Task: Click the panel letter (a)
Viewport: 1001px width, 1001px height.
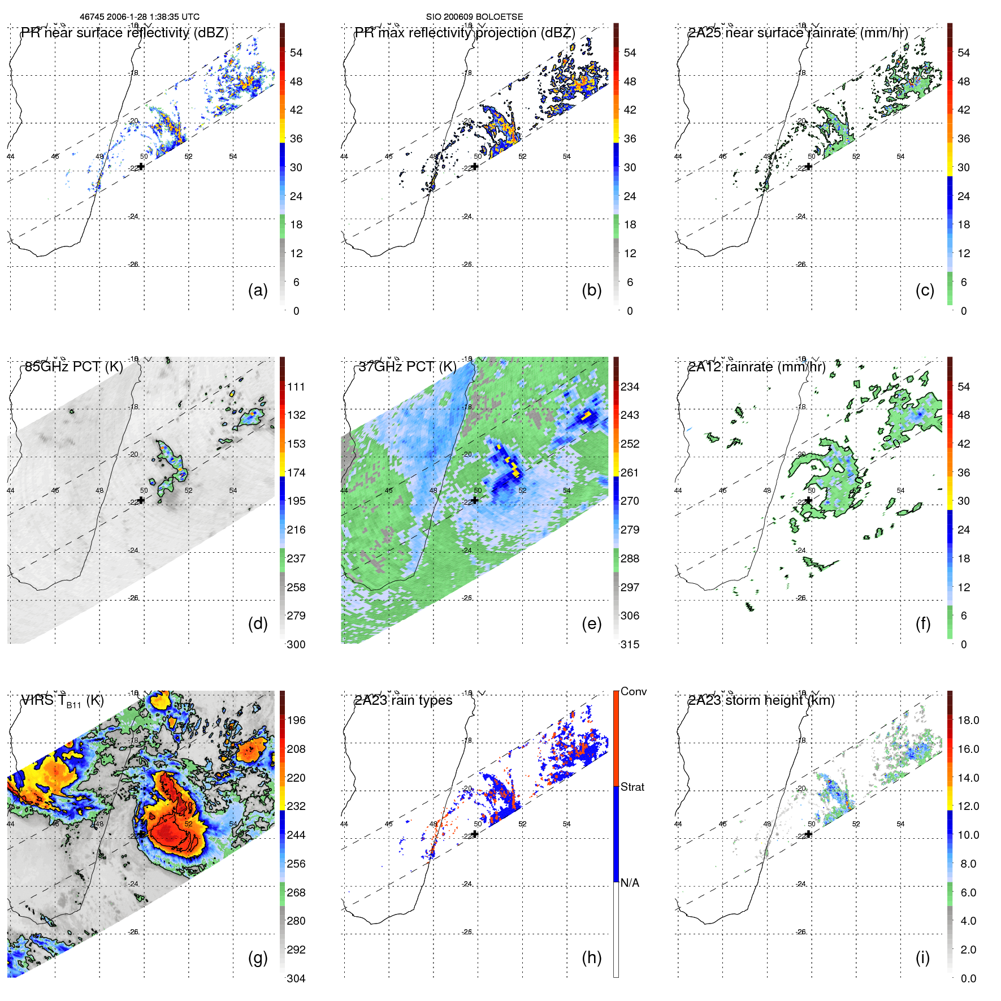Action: point(258,290)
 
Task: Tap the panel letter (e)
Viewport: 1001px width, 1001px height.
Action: point(591,623)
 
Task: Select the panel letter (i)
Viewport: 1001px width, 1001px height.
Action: point(922,957)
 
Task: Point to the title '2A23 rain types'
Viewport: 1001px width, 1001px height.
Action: point(403,700)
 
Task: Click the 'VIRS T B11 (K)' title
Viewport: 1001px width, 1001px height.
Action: point(62,701)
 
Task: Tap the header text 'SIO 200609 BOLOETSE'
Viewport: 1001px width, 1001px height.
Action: point(474,17)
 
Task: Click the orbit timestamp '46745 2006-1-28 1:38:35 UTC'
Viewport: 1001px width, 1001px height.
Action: point(140,17)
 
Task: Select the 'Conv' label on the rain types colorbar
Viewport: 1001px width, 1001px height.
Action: point(633,691)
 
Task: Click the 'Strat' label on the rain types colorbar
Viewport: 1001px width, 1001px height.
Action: point(632,787)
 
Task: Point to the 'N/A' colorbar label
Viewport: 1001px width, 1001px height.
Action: point(630,883)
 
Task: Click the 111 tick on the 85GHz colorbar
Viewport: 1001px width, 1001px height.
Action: point(296,387)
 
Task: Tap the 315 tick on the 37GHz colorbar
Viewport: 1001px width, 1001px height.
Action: point(630,644)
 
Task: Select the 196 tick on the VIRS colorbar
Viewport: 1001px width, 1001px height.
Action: point(296,720)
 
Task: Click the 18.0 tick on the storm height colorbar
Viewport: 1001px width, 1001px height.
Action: point(968,720)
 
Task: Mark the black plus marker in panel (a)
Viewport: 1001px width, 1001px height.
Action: point(141,166)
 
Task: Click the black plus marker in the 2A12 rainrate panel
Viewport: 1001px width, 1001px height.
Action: point(809,500)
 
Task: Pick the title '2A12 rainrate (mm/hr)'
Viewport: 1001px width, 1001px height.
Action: point(756,367)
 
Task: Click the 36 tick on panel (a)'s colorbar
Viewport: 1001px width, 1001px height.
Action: point(296,138)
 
